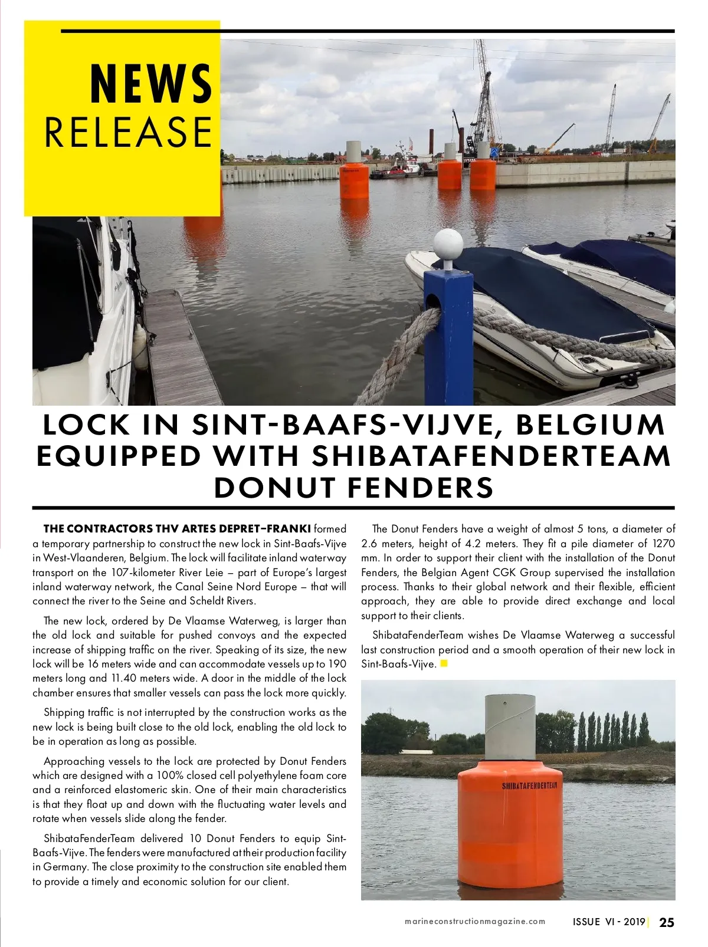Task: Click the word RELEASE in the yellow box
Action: pos(128,132)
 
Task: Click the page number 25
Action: pos(667,922)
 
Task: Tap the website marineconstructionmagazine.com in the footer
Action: pos(475,922)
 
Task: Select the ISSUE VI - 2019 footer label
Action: pos(609,922)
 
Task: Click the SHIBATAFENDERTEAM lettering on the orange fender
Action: pos(529,786)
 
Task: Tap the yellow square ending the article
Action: pos(444,663)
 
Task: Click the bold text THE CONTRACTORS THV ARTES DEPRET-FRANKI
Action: pos(177,528)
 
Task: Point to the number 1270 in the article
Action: pos(664,543)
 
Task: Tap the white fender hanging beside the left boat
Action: pos(140,346)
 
